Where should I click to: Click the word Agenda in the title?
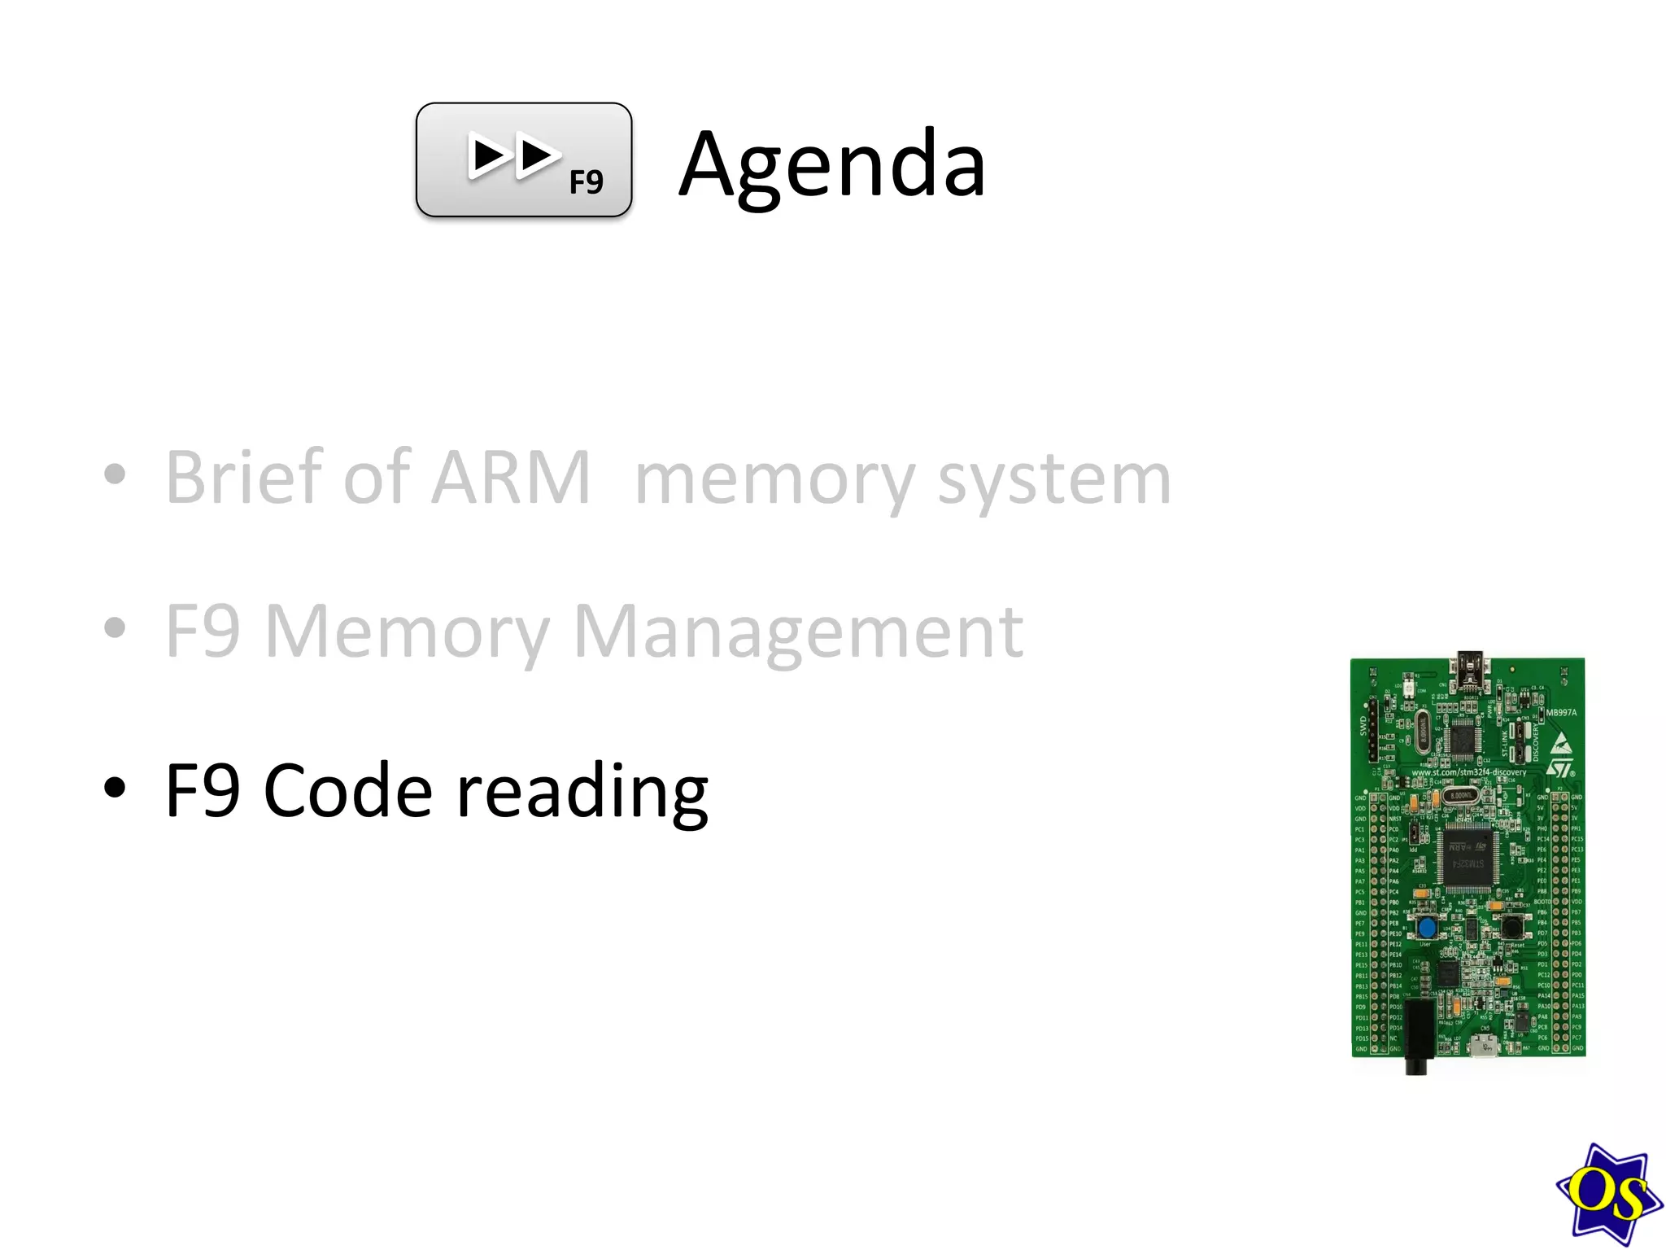point(831,165)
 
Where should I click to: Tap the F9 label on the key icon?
point(586,182)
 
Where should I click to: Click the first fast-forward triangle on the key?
point(491,156)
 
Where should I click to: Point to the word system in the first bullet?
point(1053,480)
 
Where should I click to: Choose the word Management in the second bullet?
point(798,632)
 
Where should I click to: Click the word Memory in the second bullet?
point(407,632)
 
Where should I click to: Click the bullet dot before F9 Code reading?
point(116,787)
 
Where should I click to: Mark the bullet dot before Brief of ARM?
point(116,474)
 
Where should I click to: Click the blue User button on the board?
point(1426,928)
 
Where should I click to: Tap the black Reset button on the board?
point(1511,926)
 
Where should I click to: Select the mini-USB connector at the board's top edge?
point(1470,668)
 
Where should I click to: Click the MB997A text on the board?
point(1560,713)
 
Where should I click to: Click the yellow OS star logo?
point(1607,1193)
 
